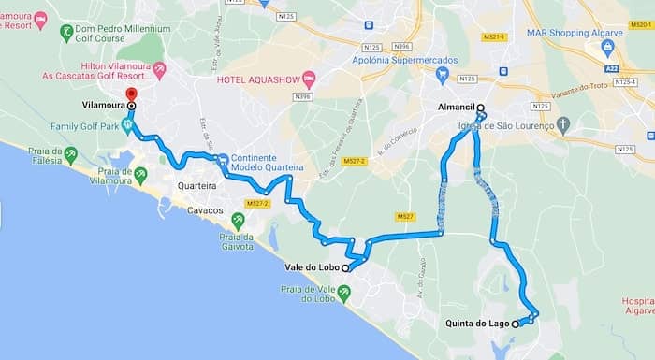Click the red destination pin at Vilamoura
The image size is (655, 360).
131,94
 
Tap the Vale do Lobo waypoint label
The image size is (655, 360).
313,267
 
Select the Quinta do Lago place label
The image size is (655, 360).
477,324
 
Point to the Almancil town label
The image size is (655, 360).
456,108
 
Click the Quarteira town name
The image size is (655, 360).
197,186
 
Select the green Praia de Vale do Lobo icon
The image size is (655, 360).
345,294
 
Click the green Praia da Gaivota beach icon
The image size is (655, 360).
238,221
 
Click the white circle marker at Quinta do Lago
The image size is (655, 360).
516,324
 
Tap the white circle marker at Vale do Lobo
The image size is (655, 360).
345,267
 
